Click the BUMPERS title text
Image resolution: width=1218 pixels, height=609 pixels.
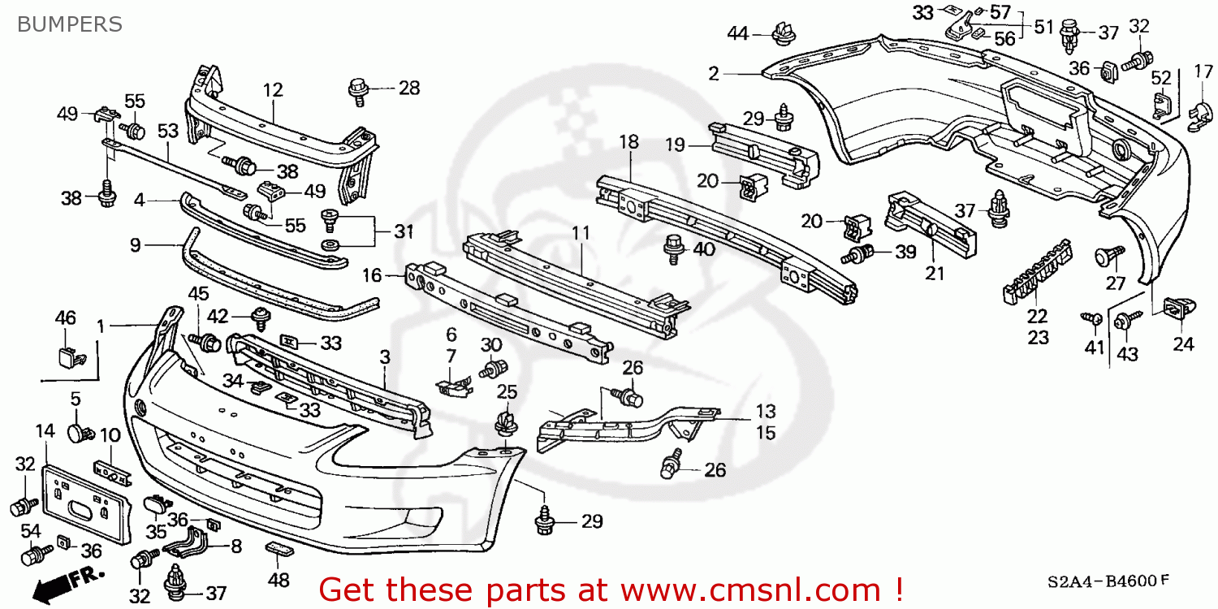[x=69, y=24]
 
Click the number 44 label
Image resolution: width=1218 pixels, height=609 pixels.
[x=737, y=33]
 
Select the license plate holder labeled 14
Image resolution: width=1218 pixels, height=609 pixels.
[x=85, y=503]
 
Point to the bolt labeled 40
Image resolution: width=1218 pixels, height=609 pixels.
[x=673, y=248]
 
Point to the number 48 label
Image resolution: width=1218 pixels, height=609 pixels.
[x=279, y=581]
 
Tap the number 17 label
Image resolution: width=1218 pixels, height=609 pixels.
[x=1203, y=71]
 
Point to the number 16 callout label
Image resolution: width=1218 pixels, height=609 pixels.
[x=372, y=275]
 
